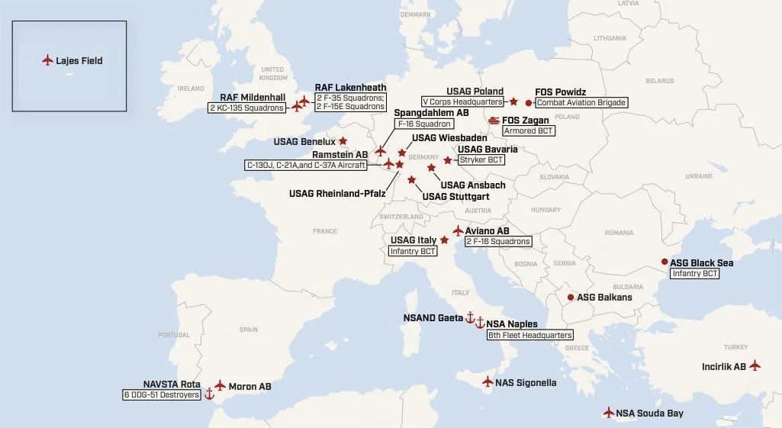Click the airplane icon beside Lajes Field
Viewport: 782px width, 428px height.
[x=47, y=60]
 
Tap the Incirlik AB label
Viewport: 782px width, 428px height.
[x=723, y=367]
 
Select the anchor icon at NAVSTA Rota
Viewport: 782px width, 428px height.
[x=210, y=394]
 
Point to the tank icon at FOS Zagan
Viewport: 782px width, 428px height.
[x=494, y=120]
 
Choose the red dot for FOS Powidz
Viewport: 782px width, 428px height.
[x=529, y=102]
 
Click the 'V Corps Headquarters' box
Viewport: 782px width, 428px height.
[x=463, y=101]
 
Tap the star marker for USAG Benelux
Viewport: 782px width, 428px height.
[x=343, y=140]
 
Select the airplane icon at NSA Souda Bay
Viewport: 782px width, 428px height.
[x=608, y=413]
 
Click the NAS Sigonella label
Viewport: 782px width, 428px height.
[x=526, y=383]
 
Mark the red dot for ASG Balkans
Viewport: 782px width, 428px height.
[x=570, y=297]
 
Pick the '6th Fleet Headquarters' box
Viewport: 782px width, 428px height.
[x=529, y=335]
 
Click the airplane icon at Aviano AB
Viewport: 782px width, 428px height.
[x=458, y=230]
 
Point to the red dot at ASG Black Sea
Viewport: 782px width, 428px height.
[x=665, y=262]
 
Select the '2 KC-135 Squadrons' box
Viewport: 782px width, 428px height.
[x=246, y=108]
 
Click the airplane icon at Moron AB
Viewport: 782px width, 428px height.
[x=220, y=385]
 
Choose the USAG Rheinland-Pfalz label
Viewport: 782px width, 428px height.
[x=336, y=193]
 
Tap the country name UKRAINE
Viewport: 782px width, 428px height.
[x=698, y=175]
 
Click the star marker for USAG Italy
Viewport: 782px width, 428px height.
[x=444, y=240]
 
